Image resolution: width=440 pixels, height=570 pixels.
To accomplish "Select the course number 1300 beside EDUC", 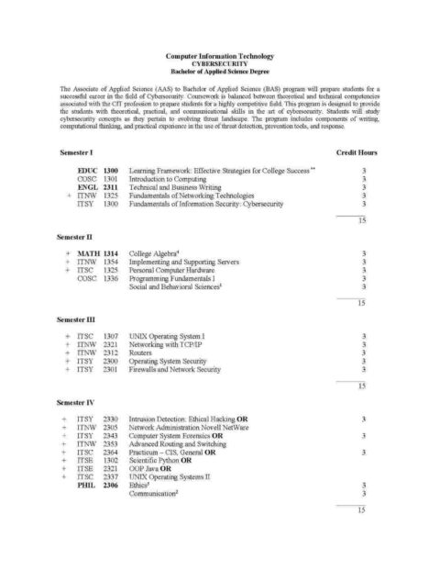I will point(112,171).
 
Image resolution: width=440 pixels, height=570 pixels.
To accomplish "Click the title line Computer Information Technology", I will point(219,55).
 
